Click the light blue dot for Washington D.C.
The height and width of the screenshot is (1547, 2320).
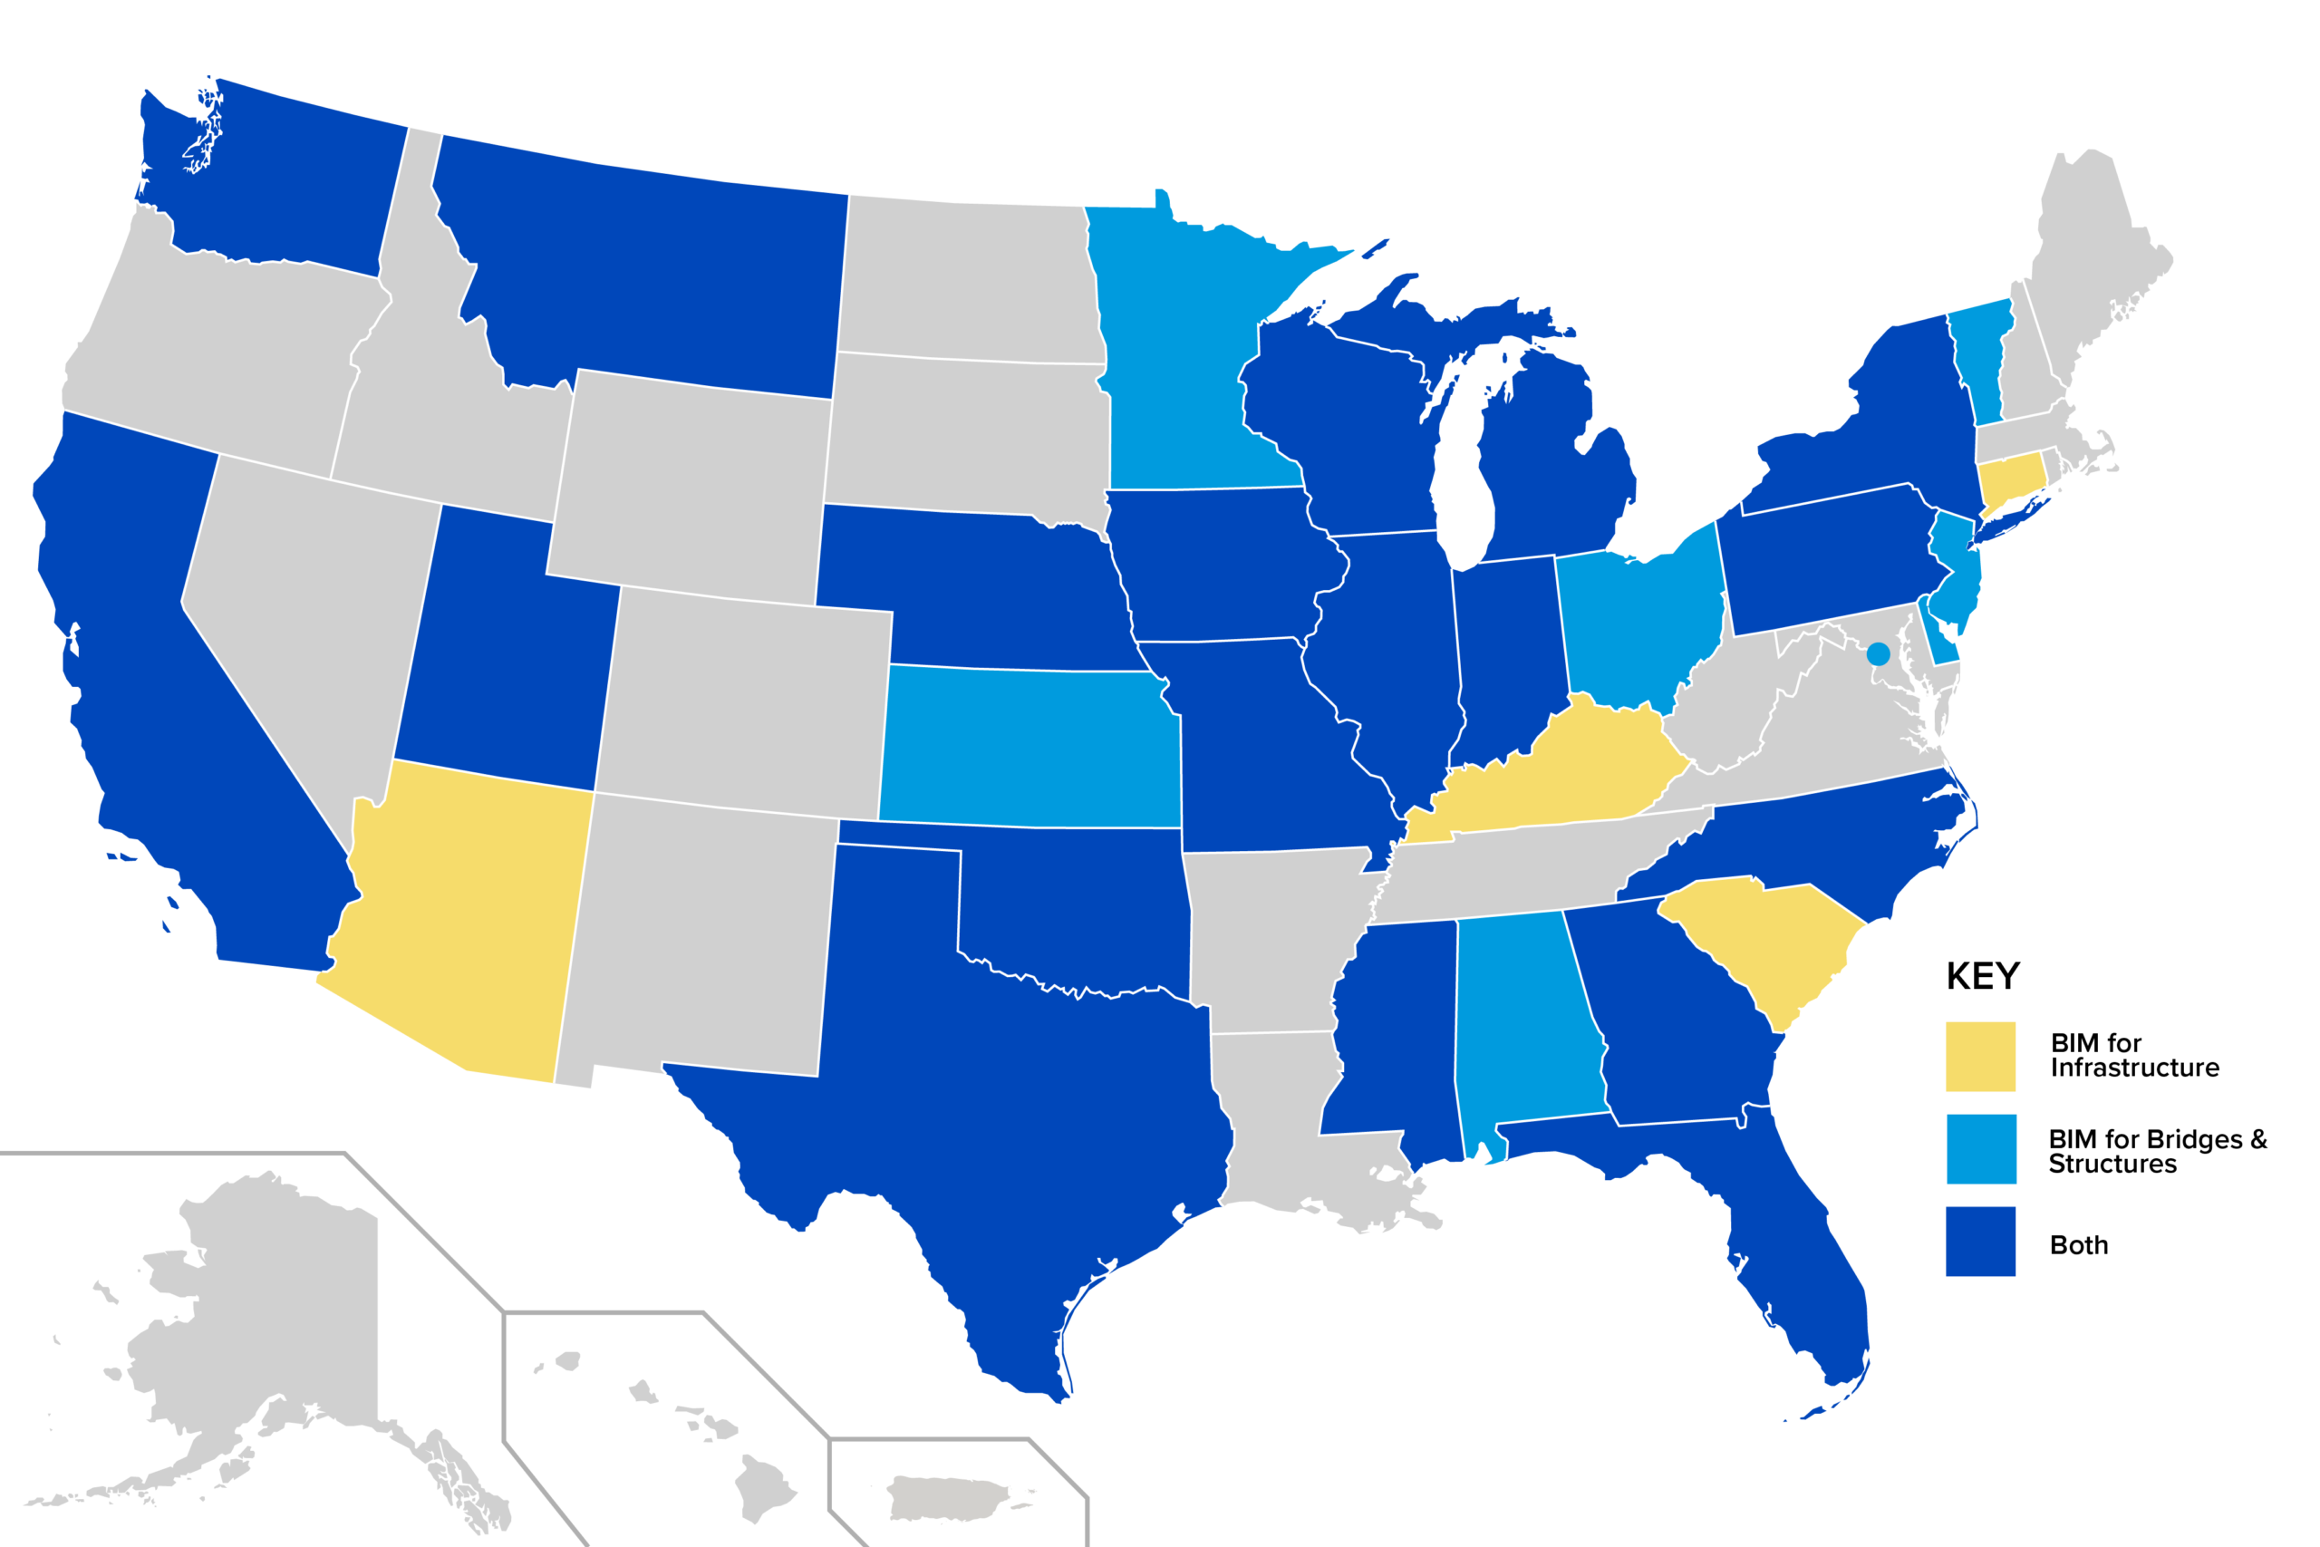point(1878,653)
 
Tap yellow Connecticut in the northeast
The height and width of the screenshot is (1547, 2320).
point(2008,479)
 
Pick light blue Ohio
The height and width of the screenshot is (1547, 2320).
point(1638,622)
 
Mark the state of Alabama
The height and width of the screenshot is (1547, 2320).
point(1524,1026)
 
